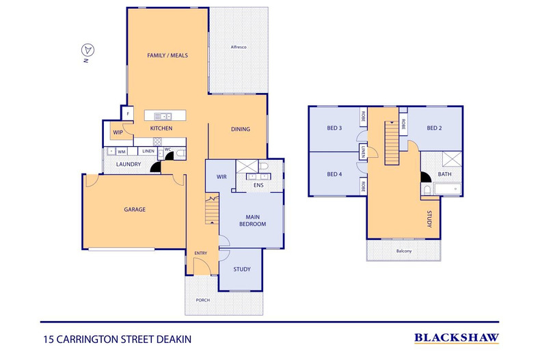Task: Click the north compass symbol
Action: [x=87, y=51]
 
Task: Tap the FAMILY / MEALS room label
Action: [x=167, y=55]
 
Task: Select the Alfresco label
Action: [x=239, y=47]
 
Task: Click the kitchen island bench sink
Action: [x=163, y=116]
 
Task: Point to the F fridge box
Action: [x=128, y=113]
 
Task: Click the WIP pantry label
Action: [x=118, y=133]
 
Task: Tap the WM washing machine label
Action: [x=122, y=152]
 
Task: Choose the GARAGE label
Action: [x=135, y=209]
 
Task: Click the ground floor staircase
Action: [x=212, y=208]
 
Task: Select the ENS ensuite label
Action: [x=258, y=185]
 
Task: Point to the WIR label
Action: [x=221, y=177]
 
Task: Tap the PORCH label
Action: [x=203, y=300]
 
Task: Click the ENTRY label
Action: [x=201, y=253]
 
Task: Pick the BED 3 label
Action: [x=334, y=128]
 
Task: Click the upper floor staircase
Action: [x=392, y=143]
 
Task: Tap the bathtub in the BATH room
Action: [x=448, y=189]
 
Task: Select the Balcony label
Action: [x=404, y=251]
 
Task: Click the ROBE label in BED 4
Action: [x=363, y=186]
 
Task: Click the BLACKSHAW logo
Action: [x=457, y=338]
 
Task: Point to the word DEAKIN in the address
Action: [x=174, y=340]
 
